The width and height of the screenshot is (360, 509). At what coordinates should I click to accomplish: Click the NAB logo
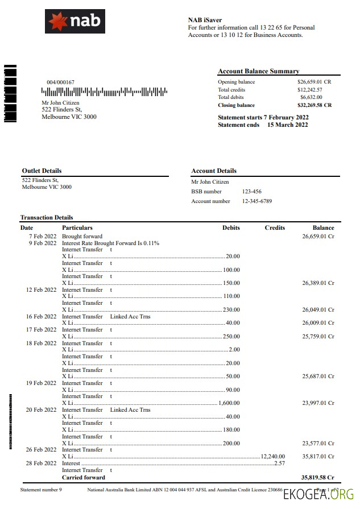coord(75,21)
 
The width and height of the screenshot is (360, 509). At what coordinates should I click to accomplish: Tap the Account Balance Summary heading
coord(258,71)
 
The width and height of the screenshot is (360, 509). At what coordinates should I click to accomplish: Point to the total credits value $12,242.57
coord(309,90)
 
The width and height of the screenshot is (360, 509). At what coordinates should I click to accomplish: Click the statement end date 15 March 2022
coord(287,125)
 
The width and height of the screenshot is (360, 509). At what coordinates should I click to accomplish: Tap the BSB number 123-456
coord(252,192)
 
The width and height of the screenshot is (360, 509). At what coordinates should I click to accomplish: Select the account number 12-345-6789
coord(257,201)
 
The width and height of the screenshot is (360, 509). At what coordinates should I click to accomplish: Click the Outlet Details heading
coord(42,171)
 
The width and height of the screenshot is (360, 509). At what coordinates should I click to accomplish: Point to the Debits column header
coord(230,227)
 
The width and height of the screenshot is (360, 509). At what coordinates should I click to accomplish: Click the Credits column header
coord(275,227)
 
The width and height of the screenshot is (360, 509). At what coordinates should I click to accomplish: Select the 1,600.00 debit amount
coord(229,403)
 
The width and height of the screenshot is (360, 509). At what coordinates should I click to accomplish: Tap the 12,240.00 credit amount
coord(273,456)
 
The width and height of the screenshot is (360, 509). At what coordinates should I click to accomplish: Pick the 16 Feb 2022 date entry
coord(41,316)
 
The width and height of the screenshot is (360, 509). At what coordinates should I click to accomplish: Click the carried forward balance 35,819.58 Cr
coord(317,478)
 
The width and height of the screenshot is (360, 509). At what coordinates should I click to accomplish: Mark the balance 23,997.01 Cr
coord(318,403)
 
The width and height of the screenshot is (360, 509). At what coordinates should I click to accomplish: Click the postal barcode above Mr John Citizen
coord(104,91)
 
